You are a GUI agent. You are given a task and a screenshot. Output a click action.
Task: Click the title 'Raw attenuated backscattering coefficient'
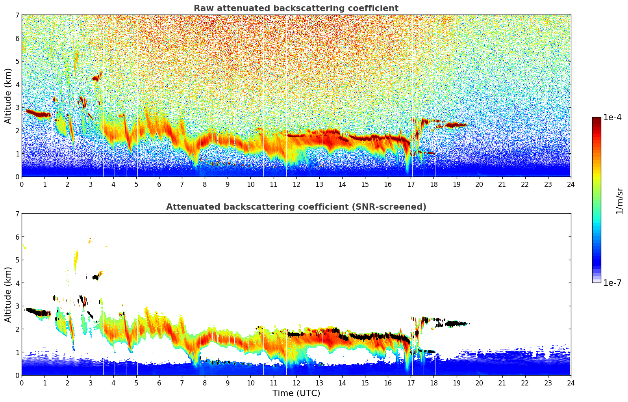(x=296, y=8)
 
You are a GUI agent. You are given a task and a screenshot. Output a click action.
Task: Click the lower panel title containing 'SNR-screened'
(x=296, y=207)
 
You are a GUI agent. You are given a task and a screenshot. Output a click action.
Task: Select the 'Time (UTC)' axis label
(x=296, y=393)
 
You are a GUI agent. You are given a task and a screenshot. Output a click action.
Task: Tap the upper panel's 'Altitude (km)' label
(x=8, y=96)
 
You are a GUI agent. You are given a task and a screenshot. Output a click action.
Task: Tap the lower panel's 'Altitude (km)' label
(x=8, y=294)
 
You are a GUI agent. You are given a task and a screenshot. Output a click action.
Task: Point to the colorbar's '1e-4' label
(x=612, y=117)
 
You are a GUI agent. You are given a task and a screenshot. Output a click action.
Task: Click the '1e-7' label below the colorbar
(x=612, y=283)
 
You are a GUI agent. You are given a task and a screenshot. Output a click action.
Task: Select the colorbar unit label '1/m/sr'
(x=619, y=201)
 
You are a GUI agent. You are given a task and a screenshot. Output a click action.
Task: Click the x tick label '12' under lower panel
(x=296, y=383)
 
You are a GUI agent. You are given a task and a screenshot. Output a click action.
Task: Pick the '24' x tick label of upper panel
(x=571, y=184)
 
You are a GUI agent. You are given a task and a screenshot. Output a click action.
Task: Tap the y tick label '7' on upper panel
(x=17, y=15)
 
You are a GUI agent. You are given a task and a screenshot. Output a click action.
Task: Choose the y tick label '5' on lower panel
(x=17, y=260)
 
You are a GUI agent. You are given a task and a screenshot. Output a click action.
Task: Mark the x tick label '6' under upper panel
(x=159, y=184)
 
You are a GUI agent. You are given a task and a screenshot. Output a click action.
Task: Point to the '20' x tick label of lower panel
(x=479, y=383)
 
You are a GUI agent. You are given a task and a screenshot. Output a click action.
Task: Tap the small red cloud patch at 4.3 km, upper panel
(x=96, y=78)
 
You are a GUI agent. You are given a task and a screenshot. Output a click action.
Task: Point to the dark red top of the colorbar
(x=596, y=120)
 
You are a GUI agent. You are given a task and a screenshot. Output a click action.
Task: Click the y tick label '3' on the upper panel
(x=17, y=107)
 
